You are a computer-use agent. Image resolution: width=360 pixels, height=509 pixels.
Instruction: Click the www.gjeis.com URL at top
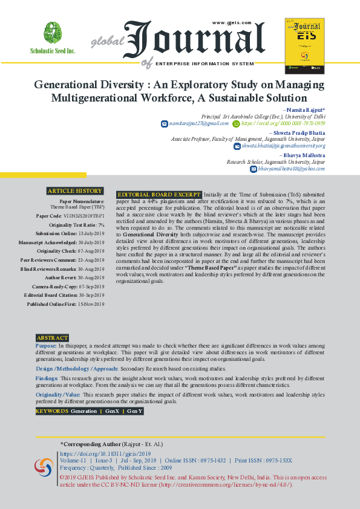[x=231, y=22]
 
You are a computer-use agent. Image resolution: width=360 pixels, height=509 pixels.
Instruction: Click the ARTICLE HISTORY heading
[x=75, y=191]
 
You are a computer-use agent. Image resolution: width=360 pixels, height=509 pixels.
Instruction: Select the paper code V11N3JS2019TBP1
[x=85, y=216]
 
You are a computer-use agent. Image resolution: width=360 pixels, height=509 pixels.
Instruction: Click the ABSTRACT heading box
[x=52, y=338]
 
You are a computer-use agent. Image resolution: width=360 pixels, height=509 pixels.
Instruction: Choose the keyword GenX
[x=112, y=411]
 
